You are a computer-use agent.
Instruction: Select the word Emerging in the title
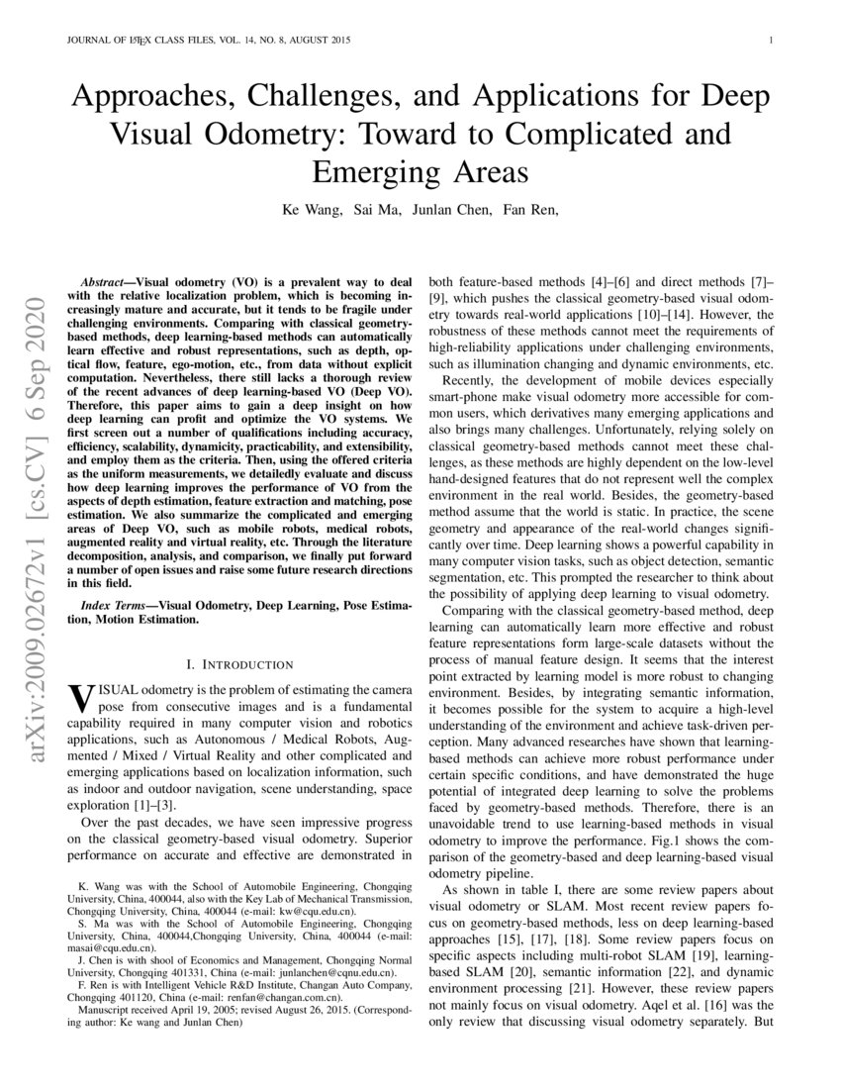pyautogui.click(x=377, y=171)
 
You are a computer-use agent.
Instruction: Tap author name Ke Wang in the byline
pyautogui.click(x=310, y=209)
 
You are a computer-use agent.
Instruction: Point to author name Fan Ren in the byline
pyautogui.click(x=530, y=209)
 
